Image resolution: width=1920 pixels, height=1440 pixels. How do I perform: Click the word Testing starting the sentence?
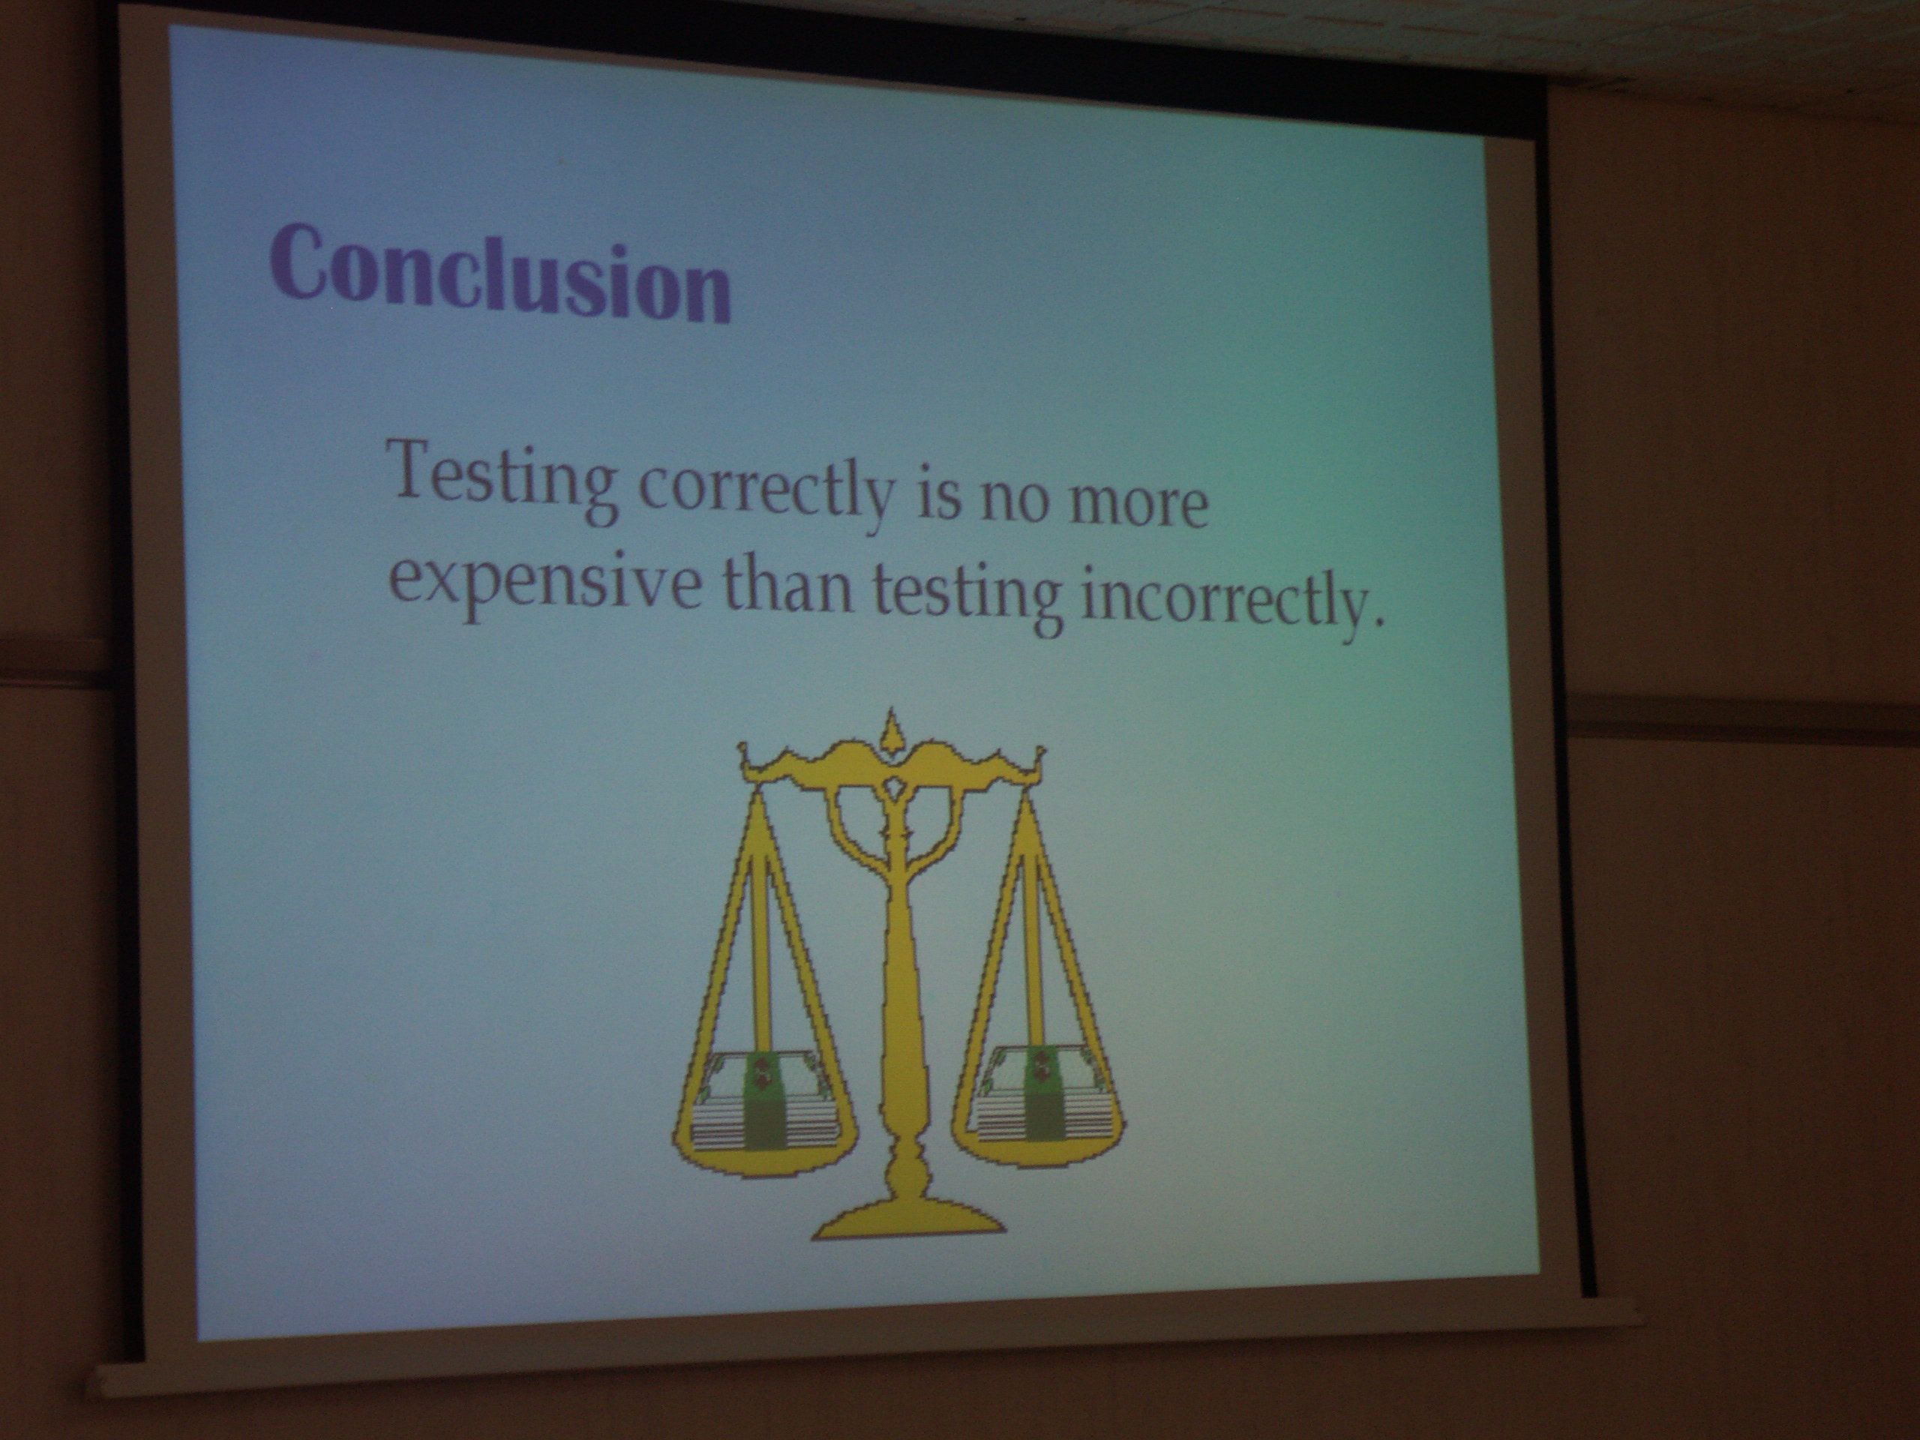(505, 484)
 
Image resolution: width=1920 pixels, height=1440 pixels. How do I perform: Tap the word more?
(1138, 504)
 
